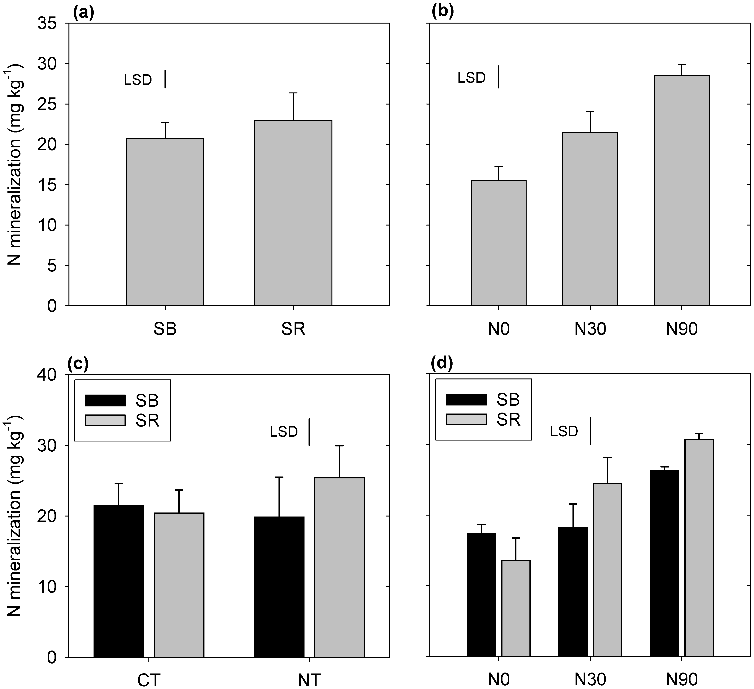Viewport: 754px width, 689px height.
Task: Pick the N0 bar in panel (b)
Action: [498, 243]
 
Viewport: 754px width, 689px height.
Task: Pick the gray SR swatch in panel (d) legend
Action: [466, 419]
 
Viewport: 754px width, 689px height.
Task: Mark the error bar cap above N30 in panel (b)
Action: [590, 111]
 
